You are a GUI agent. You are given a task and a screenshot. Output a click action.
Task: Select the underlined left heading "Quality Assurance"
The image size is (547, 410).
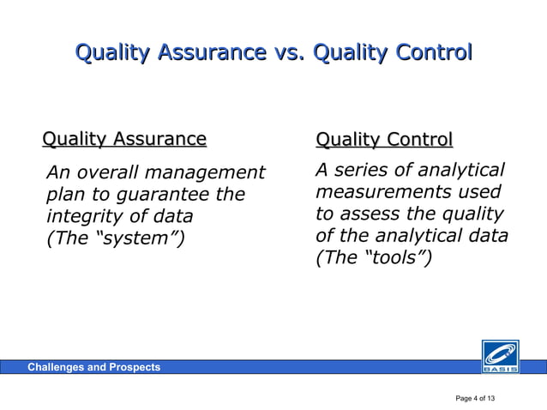coord(124,139)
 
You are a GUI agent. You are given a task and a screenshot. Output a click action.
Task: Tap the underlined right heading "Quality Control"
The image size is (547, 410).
coord(384,140)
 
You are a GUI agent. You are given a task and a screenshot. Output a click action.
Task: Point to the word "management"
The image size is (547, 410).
coord(208,172)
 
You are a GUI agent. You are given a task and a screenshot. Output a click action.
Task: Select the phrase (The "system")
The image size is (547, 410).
coord(115,238)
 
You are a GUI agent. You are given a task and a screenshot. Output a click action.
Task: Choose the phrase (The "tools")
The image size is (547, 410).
coord(375,257)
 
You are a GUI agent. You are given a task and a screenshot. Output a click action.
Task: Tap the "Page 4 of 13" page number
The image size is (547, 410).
coord(481,399)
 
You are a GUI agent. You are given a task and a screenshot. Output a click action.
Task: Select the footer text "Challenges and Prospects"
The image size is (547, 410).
coord(93,367)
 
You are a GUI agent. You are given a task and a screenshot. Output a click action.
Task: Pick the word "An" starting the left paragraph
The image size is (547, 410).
coord(57,172)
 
